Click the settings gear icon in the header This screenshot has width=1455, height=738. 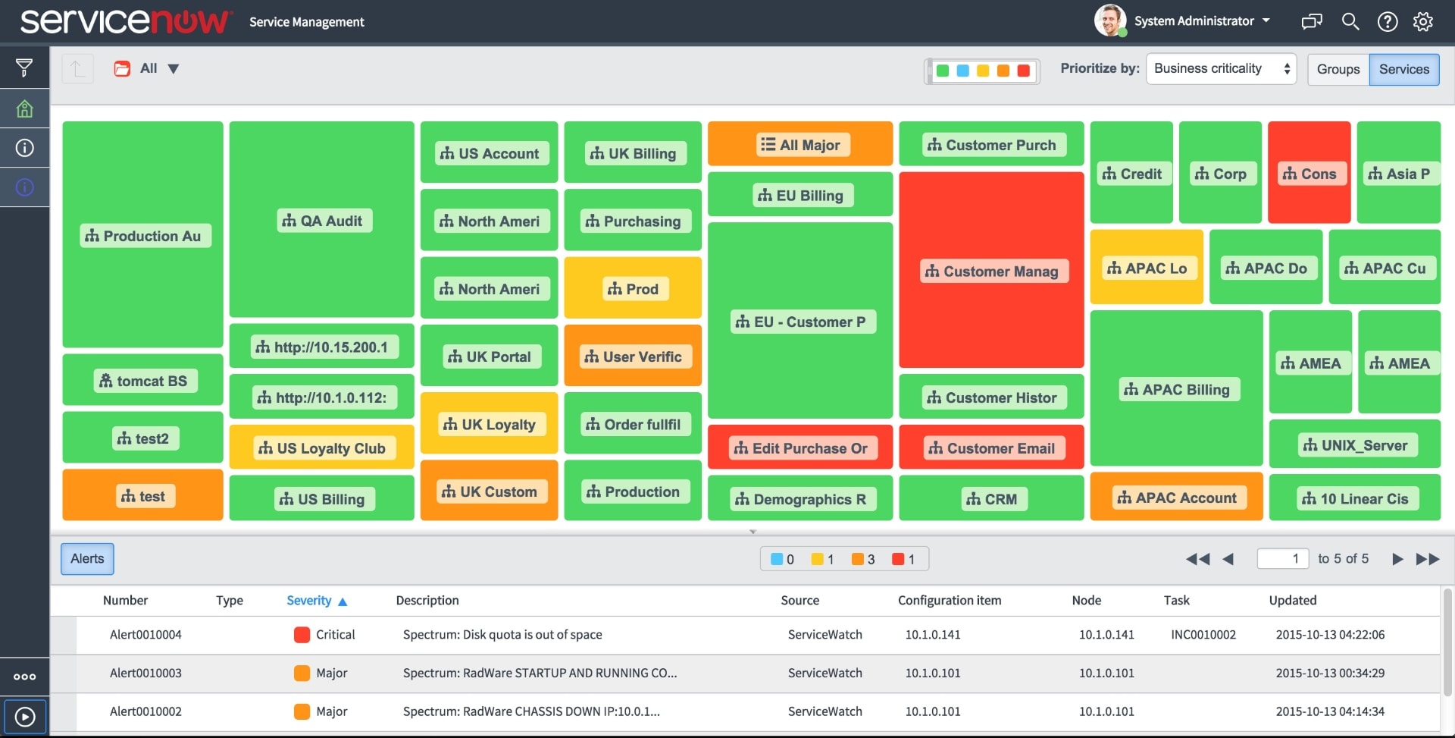(1422, 22)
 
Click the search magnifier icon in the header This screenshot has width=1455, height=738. (1350, 22)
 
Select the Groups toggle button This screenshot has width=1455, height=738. (1338, 69)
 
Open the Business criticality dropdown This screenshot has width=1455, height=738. (1221, 69)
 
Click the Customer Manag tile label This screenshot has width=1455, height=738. (993, 272)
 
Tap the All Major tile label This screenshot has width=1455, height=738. (801, 145)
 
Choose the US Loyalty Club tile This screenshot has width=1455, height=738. (322, 448)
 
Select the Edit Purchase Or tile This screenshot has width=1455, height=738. (801, 448)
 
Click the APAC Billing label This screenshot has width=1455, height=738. (1177, 390)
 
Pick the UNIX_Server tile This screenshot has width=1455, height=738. (1355, 445)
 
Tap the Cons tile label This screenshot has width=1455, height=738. (1309, 174)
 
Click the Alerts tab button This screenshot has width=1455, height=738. (87, 559)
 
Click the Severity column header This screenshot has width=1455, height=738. (309, 601)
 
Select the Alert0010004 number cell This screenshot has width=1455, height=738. (145, 635)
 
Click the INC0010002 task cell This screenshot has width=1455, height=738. (1203, 635)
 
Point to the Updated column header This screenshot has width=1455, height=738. (1292, 601)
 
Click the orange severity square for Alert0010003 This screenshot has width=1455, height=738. (302, 674)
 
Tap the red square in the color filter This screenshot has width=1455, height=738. (1023, 71)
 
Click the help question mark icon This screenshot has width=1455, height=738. (1387, 22)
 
